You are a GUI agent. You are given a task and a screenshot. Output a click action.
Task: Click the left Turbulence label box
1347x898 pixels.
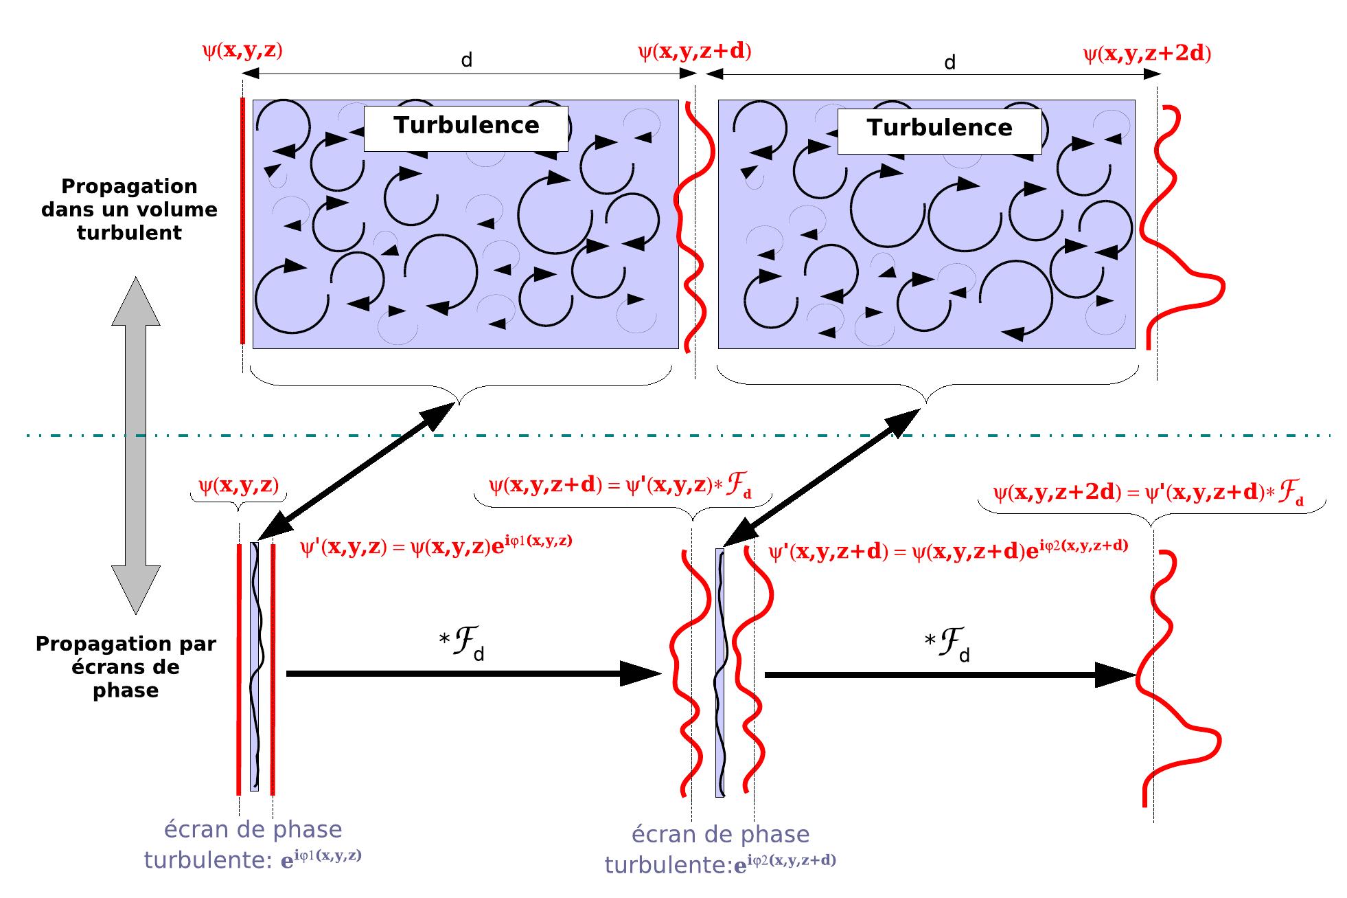coord(465,128)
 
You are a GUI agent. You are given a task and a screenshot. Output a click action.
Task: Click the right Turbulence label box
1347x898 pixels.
coord(939,129)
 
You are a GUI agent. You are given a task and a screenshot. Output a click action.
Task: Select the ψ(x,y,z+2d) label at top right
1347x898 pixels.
coord(1146,54)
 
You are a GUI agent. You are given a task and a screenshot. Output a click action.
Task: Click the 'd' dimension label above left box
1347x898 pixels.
coord(466,60)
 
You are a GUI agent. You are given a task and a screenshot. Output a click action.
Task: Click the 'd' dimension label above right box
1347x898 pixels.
coord(949,63)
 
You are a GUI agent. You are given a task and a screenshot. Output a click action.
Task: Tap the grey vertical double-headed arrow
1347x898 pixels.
coord(136,445)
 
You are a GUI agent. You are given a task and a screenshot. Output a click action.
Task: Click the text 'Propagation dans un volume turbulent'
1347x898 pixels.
coord(129,210)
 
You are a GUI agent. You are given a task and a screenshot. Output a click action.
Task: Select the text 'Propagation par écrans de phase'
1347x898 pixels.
coord(126,666)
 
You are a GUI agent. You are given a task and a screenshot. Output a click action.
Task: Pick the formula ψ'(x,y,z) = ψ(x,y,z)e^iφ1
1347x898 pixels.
coord(436,547)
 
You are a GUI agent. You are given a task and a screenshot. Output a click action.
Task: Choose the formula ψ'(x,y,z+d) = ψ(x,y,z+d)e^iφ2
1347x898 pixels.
coord(947,551)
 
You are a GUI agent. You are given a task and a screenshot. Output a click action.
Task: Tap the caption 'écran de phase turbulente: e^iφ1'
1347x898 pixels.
coord(253,844)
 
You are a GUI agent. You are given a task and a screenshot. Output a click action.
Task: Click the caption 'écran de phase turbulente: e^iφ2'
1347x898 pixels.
coord(719,849)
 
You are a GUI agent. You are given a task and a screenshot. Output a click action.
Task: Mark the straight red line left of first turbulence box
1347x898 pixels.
coord(242,220)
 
